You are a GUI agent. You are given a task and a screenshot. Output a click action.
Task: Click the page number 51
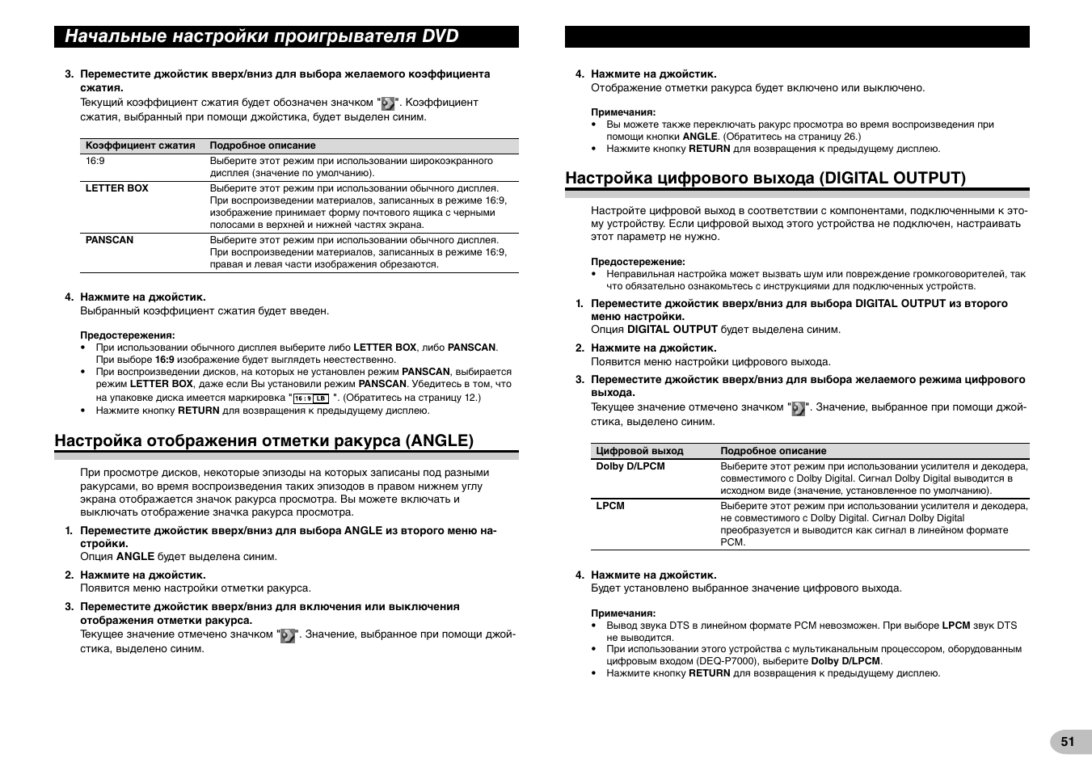pyautogui.click(x=1068, y=742)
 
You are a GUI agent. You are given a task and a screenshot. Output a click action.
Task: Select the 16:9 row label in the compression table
pyautogui.click(x=95, y=161)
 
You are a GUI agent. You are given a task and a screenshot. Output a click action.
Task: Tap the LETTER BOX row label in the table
pyautogui.click(x=117, y=188)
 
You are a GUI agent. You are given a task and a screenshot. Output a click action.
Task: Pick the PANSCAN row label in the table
pyautogui.click(x=110, y=240)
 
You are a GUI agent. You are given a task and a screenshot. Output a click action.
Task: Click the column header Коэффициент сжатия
pyautogui.click(x=141, y=145)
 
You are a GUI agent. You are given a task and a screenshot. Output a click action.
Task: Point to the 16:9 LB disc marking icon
pyautogui.click(x=311, y=398)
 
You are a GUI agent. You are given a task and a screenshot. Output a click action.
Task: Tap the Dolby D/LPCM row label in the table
pyautogui.click(x=630, y=466)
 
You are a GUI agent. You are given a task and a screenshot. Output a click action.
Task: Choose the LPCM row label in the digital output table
pyautogui.click(x=610, y=506)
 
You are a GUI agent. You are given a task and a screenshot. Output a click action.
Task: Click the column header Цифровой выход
pyautogui.click(x=639, y=451)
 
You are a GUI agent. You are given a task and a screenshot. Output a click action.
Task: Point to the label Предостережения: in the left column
pyautogui.click(x=128, y=335)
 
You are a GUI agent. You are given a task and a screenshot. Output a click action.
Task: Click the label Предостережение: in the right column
pyautogui.click(x=638, y=262)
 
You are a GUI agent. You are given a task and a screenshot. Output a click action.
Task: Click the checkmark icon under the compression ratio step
pyautogui.click(x=388, y=103)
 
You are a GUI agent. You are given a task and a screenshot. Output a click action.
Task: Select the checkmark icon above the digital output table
pyautogui.click(x=799, y=408)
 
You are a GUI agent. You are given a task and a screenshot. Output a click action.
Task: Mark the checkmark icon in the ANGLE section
pyautogui.click(x=288, y=635)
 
